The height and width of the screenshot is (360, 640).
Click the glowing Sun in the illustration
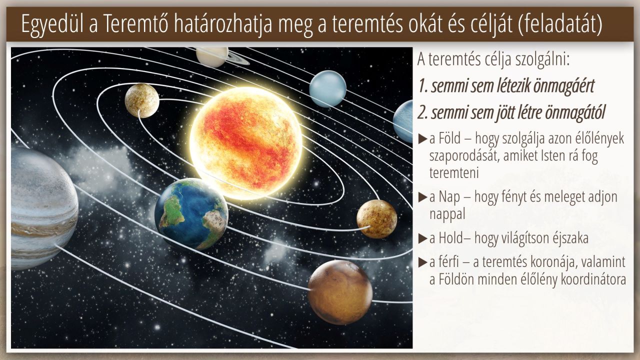(245, 143)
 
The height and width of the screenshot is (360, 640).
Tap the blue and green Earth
(191, 214)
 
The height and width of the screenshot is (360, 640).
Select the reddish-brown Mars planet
(340, 292)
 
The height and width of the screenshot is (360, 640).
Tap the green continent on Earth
(172, 212)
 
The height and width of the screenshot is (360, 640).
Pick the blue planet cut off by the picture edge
(403, 121)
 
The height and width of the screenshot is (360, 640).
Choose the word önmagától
(575, 113)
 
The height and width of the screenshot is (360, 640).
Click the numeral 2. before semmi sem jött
(423, 113)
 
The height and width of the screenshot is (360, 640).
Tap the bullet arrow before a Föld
(422, 139)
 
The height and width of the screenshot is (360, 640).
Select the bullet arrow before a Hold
(422, 238)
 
